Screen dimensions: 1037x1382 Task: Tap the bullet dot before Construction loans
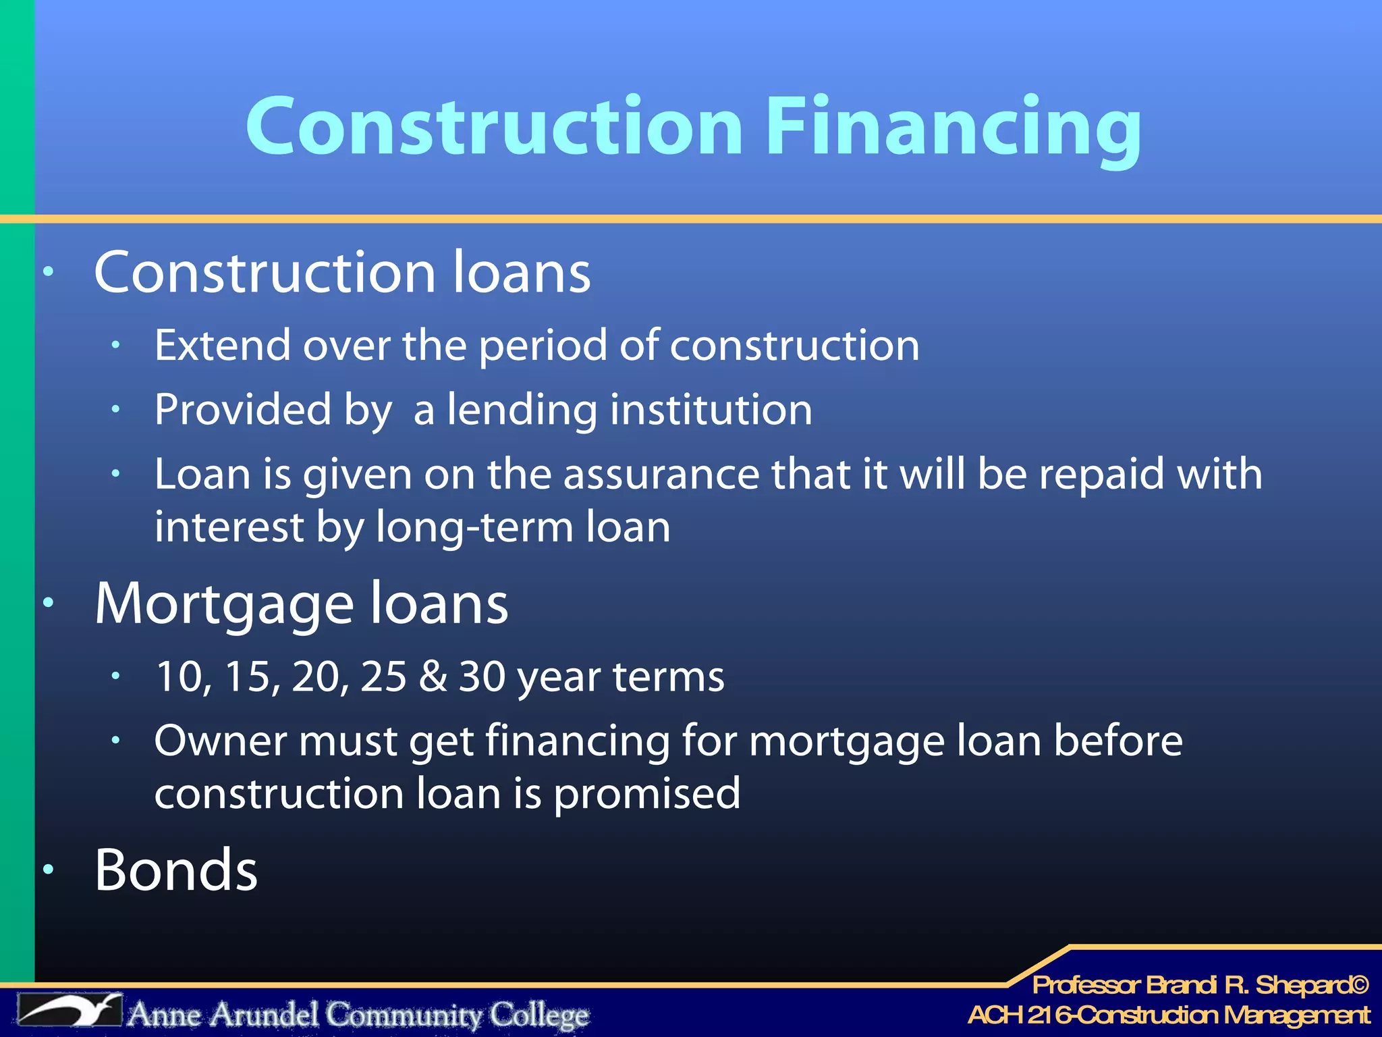pyautogui.click(x=48, y=272)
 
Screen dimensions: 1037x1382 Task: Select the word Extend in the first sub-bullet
pyautogui.click(x=222, y=346)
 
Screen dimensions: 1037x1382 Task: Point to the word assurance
pyautogui.click(x=661, y=474)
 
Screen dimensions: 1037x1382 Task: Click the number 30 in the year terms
pyautogui.click(x=482, y=676)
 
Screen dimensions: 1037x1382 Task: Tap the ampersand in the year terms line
pyautogui.click(x=433, y=676)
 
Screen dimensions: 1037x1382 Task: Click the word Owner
pyautogui.click(x=221, y=741)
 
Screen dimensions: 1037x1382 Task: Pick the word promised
pyautogui.click(x=646, y=794)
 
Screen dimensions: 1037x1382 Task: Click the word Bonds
pyautogui.click(x=176, y=870)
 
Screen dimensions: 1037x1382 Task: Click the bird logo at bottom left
pyautogui.click(x=70, y=1011)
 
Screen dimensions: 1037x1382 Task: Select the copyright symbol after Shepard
pyautogui.click(x=1359, y=985)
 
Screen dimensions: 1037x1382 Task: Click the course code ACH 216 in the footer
pyautogui.click(x=1019, y=1015)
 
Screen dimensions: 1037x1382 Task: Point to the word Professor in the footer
pyautogui.click(x=1086, y=985)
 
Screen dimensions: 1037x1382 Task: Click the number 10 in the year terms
pyautogui.click(x=179, y=676)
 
